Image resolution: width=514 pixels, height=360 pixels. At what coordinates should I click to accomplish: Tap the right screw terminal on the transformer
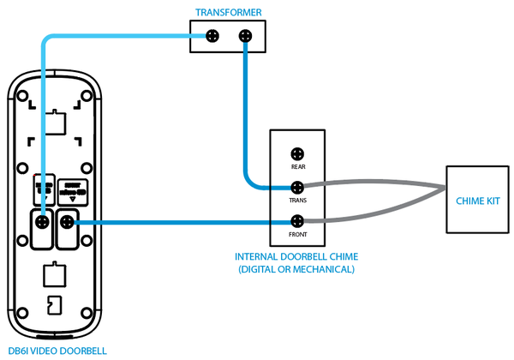pos(245,36)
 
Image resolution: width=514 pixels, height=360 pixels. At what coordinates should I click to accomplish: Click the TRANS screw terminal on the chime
pos(297,186)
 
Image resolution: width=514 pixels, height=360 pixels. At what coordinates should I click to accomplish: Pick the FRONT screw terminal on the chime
pos(297,221)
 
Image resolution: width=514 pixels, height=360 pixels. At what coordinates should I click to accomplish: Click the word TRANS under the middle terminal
pos(297,200)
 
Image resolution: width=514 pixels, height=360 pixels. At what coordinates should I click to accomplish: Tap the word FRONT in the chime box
pos(297,234)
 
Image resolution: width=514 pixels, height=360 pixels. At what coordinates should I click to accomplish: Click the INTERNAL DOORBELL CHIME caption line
pos(296,257)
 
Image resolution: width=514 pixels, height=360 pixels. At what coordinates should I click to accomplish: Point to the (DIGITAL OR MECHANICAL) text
pos(296,269)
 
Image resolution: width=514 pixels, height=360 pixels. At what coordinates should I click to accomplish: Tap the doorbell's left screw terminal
pos(41,223)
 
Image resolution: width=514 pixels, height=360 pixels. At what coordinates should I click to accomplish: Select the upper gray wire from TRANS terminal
pos(377,183)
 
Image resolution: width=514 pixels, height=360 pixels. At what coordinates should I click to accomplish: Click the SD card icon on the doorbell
pos(53,305)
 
